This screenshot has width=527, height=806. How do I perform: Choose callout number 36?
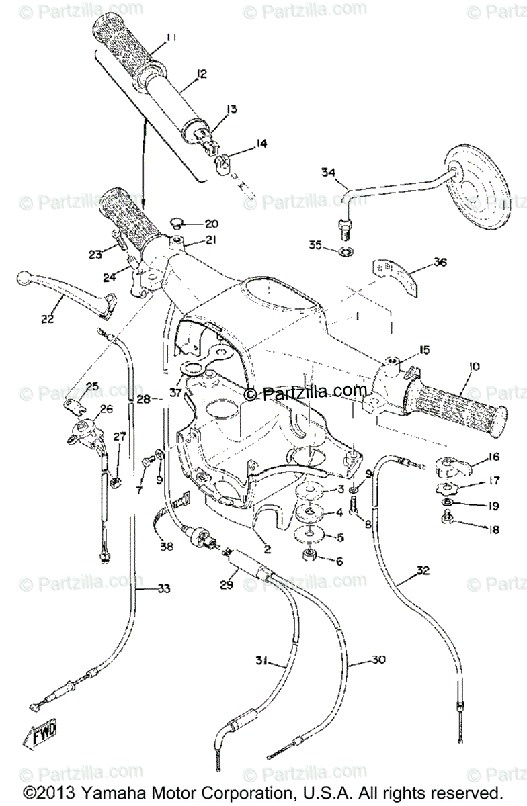click(440, 262)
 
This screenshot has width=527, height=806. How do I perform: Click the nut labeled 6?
click(311, 557)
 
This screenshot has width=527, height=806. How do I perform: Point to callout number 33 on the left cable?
click(164, 589)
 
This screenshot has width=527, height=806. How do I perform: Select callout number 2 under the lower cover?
click(267, 549)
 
